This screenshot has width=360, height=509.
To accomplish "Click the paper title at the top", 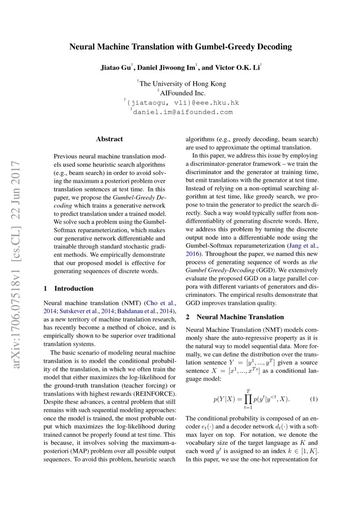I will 180,47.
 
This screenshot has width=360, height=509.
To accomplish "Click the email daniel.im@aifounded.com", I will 182,112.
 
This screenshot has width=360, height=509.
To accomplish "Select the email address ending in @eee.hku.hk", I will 182,103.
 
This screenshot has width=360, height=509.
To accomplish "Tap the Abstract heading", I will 109,139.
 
